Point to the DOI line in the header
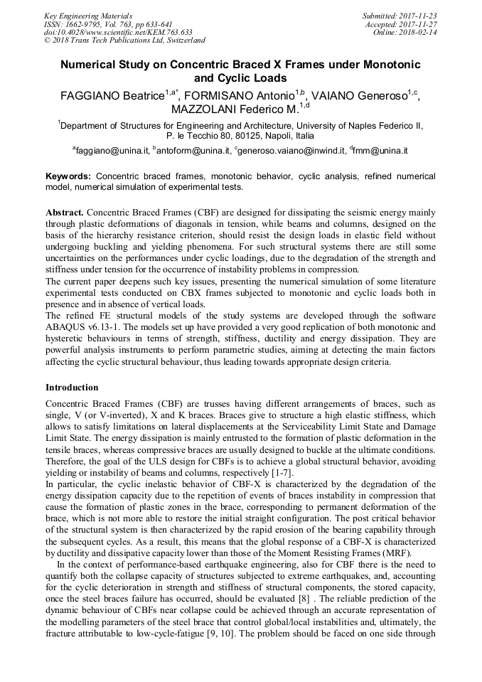pos(118,32)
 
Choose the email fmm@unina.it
pos(381,151)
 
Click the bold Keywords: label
pos(68,176)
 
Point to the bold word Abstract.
pos(64,213)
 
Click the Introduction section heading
pos(72,388)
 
